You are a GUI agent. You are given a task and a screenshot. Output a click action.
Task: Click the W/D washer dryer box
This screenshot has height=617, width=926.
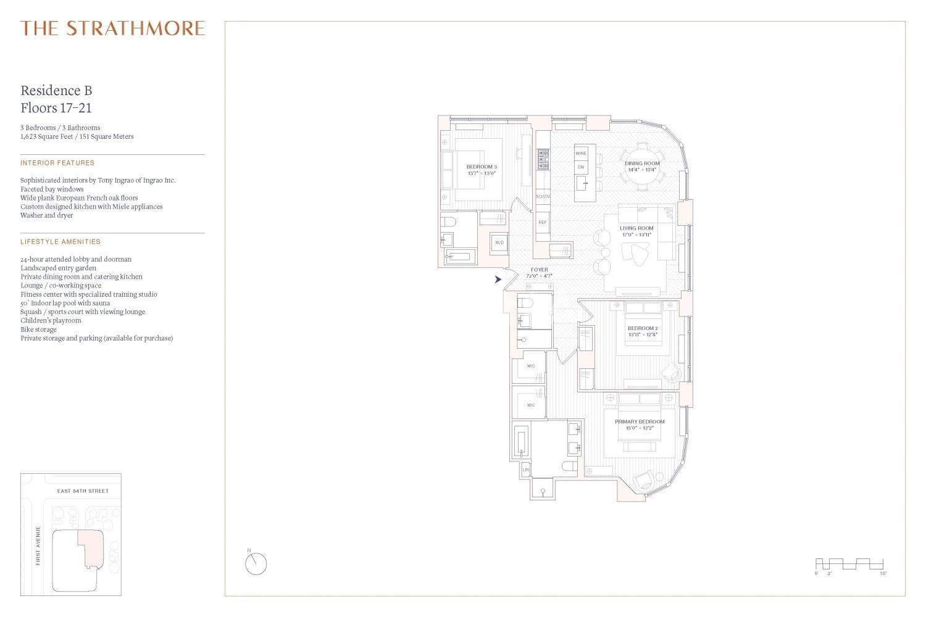[499, 242]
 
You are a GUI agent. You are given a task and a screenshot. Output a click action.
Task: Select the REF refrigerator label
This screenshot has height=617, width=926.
[543, 222]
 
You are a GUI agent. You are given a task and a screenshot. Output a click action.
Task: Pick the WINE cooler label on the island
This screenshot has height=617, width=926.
[581, 153]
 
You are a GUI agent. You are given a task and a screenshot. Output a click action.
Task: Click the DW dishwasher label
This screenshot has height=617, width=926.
[581, 167]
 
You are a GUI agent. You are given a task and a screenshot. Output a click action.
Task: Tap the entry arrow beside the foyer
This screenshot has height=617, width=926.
[498, 280]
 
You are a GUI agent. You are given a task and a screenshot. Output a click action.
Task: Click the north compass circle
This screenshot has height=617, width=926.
[256, 564]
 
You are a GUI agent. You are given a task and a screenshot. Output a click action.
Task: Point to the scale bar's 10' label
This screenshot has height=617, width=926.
[883, 574]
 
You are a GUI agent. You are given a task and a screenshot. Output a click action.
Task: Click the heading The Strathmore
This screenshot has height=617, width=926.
[112, 28]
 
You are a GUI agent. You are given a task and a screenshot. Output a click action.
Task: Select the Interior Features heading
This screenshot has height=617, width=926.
[57, 163]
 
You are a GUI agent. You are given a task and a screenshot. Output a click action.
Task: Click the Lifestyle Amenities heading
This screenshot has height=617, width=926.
[60, 242]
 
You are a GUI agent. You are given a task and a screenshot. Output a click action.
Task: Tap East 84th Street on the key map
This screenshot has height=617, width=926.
[83, 491]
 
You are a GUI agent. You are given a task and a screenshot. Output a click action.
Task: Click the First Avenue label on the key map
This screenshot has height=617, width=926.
[38, 545]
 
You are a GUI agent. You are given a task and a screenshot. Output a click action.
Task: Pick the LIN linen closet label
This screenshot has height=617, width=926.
[525, 470]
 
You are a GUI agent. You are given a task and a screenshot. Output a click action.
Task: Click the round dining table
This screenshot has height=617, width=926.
[642, 166]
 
